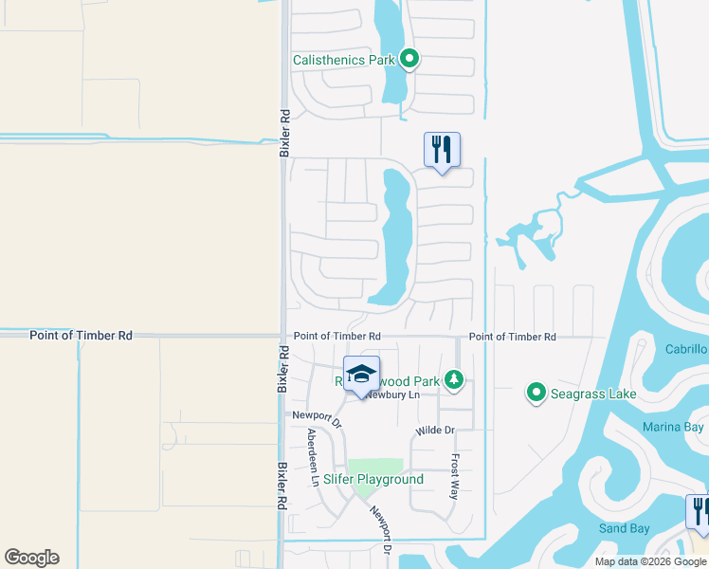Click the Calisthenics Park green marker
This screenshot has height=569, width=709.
click(409, 60)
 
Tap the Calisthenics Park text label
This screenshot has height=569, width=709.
click(344, 60)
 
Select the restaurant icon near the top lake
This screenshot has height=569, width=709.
click(442, 150)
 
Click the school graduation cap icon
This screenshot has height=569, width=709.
click(361, 374)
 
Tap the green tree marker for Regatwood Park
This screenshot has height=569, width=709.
click(455, 380)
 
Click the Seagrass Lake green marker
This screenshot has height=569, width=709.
click(536, 392)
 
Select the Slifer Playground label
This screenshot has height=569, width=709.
click(373, 479)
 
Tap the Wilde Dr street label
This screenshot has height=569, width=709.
click(435, 431)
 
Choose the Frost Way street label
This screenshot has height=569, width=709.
click(455, 476)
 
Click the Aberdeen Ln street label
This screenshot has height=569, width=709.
click(313, 457)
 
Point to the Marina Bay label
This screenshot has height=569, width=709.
click(673, 427)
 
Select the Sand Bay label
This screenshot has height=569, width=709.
click(624, 528)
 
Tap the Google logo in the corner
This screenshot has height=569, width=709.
click(31, 558)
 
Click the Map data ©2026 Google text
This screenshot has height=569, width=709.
click(650, 561)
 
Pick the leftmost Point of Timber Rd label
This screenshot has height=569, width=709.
click(81, 336)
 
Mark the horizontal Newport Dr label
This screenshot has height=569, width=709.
click(316, 415)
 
